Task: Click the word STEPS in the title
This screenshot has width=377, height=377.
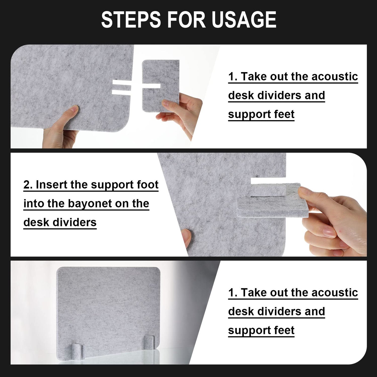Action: tap(131, 19)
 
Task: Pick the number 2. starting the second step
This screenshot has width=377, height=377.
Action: tap(28, 185)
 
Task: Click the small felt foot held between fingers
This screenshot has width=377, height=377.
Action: tap(161, 85)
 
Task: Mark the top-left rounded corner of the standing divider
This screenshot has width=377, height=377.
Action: tap(58, 269)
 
